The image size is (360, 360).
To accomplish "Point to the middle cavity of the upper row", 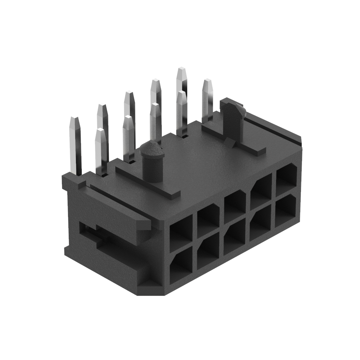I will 235,205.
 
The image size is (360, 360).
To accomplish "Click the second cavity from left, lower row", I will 208,252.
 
